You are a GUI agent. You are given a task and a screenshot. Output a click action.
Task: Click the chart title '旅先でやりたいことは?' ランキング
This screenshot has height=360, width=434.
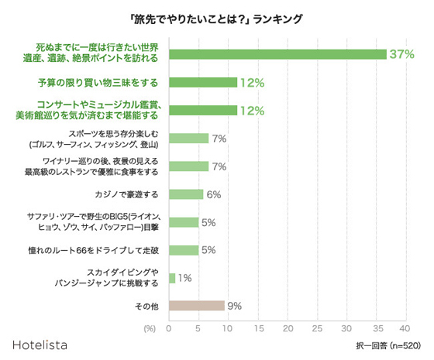pos(217,18)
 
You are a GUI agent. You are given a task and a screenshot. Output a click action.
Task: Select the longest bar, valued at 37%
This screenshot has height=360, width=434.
pos(277,54)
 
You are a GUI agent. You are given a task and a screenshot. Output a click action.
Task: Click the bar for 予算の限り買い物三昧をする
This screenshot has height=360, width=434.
pos(203,82)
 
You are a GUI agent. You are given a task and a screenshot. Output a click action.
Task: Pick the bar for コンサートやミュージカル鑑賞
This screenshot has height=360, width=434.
pos(203,110)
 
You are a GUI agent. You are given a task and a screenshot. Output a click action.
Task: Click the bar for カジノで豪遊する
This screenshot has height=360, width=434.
pos(186,194)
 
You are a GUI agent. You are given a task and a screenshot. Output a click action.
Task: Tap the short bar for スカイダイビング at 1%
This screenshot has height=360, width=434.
pos(171,277)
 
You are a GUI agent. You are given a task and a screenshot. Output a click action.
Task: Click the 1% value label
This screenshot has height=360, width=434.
pos(185,277)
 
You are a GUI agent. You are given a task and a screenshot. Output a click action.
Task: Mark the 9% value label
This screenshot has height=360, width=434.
pos(235,306)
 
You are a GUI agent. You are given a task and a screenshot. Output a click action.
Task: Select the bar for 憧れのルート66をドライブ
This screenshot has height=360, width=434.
pos(184,250)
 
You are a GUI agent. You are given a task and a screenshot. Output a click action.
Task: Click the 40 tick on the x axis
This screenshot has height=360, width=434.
pos(404,328)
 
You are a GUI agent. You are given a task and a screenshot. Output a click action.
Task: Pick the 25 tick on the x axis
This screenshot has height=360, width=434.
pos(316,328)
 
